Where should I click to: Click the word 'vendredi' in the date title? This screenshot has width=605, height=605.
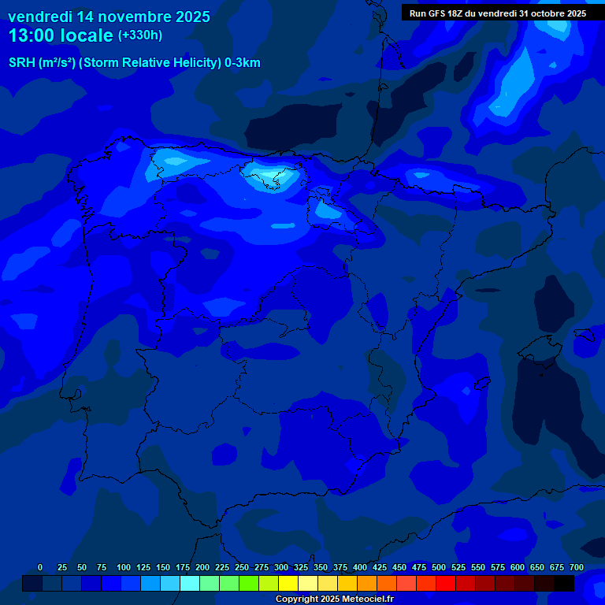click(40, 17)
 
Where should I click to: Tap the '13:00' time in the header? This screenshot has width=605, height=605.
click(32, 35)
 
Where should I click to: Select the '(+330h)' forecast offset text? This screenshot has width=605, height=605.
click(140, 35)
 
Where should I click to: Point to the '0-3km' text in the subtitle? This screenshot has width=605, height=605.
click(242, 63)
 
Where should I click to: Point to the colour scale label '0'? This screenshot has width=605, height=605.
click(41, 568)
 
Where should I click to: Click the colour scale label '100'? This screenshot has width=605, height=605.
click(123, 568)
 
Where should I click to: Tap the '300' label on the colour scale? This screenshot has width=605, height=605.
click(281, 568)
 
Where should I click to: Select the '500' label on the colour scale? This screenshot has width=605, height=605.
click(439, 568)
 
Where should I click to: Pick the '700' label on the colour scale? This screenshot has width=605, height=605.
click(577, 568)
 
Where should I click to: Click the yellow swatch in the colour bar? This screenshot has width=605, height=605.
click(288, 584)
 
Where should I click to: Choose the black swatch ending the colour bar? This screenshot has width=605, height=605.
click(564, 584)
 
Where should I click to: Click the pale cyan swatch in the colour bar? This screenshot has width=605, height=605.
click(190, 584)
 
